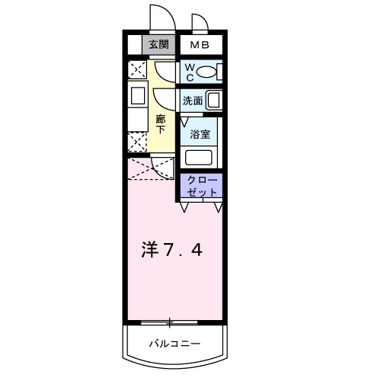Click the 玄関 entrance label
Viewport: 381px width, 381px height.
(158, 45)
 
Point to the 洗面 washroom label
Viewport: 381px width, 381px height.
(192, 101)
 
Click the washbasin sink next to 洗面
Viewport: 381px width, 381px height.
(213, 100)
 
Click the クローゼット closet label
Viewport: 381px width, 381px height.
(202, 186)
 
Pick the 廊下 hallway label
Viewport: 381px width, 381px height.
(160, 123)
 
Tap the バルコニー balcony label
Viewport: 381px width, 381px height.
(174, 344)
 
